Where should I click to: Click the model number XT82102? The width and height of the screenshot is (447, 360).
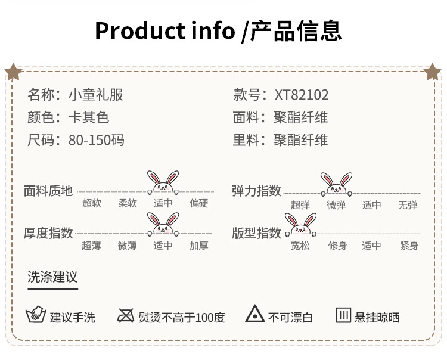tap(302, 95)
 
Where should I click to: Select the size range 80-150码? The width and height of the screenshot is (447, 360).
tap(97, 141)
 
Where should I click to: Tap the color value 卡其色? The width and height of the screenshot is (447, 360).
tap(89, 118)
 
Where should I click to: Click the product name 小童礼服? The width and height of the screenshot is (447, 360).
tap(96, 95)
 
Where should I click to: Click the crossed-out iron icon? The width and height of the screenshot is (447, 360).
tap(126, 315)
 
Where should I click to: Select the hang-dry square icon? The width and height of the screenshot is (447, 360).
tap(343, 315)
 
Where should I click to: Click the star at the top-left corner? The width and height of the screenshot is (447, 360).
tap(13, 72)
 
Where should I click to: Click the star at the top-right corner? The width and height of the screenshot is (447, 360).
tap(433, 72)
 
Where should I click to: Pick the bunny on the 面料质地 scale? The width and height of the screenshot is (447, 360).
tap(163, 182)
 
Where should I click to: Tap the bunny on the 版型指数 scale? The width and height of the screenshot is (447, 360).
tap(300, 225)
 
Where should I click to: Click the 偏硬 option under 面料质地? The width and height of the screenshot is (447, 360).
tap(199, 203)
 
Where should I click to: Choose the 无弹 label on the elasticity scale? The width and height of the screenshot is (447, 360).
tap(408, 205)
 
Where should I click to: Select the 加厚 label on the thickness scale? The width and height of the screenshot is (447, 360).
tap(199, 246)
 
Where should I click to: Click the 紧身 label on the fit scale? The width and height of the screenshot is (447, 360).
tap(409, 246)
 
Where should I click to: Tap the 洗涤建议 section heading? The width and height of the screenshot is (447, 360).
tap(52, 277)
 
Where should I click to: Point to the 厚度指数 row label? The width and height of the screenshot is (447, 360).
tap(48, 233)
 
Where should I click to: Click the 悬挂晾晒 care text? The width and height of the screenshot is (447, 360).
tap(377, 318)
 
